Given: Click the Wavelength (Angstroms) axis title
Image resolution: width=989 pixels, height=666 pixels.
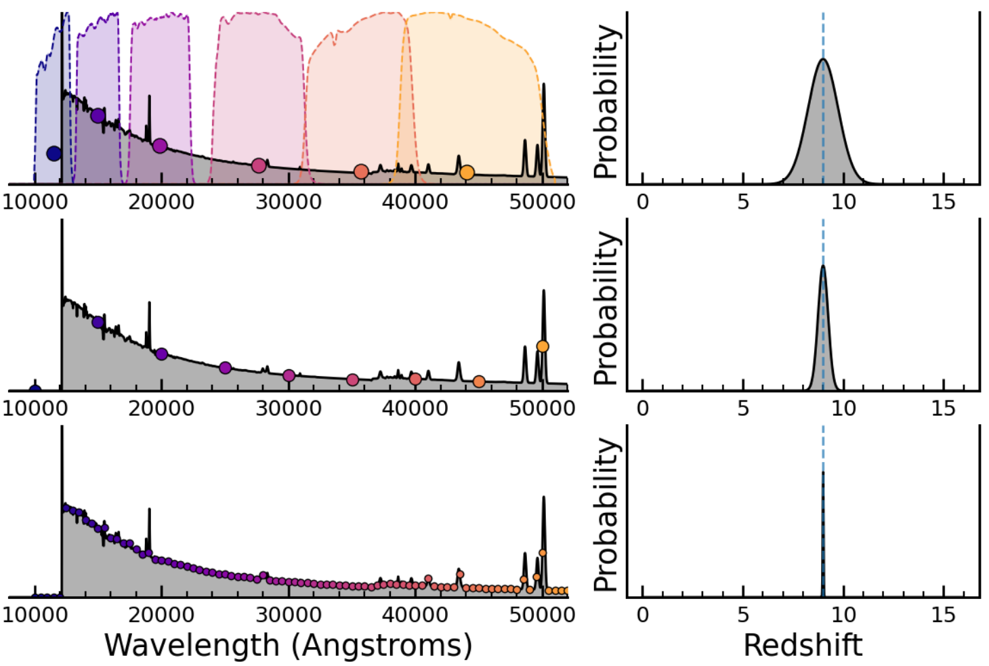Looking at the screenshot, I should click(x=288, y=645).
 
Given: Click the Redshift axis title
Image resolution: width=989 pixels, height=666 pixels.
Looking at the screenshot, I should click(x=803, y=645).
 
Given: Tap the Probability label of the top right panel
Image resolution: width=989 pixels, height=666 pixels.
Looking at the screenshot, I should click(x=607, y=102).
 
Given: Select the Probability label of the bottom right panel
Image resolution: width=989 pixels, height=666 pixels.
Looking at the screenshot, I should click(x=607, y=515).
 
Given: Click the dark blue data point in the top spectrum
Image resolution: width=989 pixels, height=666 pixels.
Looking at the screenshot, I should click(x=54, y=153).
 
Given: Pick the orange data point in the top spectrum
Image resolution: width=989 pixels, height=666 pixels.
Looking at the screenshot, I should click(x=467, y=173).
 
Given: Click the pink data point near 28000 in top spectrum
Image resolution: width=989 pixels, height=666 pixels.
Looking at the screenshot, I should click(x=259, y=165).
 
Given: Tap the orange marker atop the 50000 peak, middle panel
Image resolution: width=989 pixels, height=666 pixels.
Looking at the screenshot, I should click(x=543, y=346).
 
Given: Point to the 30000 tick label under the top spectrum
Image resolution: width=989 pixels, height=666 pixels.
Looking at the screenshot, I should click(x=288, y=202).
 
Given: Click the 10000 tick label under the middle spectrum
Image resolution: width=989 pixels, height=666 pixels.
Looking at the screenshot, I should click(x=35, y=409).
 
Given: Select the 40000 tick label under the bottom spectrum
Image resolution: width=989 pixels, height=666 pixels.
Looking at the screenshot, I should click(x=415, y=615).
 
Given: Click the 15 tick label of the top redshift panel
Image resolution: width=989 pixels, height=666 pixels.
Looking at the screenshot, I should click(x=943, y=202).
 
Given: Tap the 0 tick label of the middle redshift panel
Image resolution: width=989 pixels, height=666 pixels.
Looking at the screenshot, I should click(x=642, y=409).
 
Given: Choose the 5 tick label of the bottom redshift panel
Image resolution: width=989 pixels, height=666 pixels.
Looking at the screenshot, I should click(x=743, y=615).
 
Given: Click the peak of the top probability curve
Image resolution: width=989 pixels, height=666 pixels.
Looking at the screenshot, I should click(x=823, y=60).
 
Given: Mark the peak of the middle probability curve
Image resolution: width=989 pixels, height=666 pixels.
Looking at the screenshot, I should click(x=823, y=266).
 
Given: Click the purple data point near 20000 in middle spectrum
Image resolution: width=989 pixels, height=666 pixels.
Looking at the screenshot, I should click(x=161, y=354).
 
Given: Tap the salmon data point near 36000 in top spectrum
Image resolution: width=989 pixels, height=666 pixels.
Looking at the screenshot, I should click(x=361, y=171).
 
